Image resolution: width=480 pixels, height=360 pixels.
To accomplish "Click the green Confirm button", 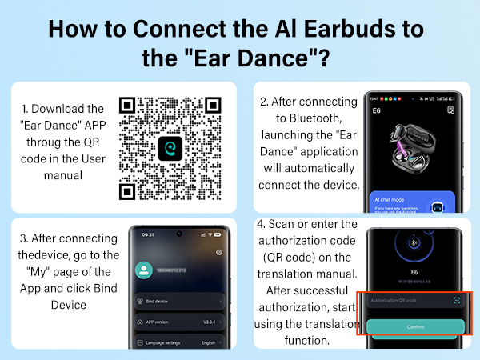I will (416, 326).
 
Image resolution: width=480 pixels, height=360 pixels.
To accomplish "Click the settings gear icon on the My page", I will (218, 252).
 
